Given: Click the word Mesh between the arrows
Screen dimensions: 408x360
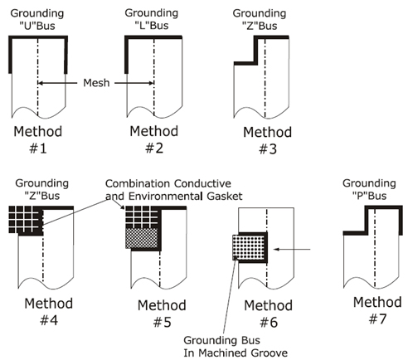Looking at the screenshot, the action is pyautogui.click(x=96, y=83).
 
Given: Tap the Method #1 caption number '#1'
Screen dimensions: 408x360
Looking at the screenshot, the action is pyautogui.click(x=38, y=148).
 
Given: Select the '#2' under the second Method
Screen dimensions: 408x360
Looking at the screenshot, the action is pyautogui.click(x=154, y=148).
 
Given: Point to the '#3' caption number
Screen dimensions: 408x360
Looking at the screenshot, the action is pyautogui.click(x=268, y=149).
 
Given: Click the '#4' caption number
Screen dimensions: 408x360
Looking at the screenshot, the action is pyautogui.click(x=49, y=320).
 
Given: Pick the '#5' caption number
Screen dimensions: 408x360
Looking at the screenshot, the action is pyautogui.click(x=163, y=323).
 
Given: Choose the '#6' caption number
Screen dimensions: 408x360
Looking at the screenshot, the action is pyautogui.click(x=269, y=323).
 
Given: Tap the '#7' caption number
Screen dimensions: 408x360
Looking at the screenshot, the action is pyautogui.click(x=377, y=319).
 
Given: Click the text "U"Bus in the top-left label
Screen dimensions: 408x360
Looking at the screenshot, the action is pyautogui.click(x=37, y=26).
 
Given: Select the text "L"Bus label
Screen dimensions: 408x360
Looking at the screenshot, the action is pyautogui.click(x=152, y=26).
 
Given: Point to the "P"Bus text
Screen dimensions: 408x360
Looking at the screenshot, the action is pyautogui.click(x=369, y=196).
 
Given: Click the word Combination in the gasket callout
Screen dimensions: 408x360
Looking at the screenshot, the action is pyautogui.click(x=138, y=183).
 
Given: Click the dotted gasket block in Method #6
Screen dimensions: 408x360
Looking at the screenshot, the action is pyautogui.click(x=248, y=247).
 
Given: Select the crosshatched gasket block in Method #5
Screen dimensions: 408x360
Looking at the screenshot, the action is pyautogui.click(x=142, y=238).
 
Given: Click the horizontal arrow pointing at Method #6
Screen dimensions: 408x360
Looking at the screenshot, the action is pyautogui.click(x=292, y=250).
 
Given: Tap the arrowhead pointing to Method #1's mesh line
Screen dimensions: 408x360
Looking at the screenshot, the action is pyautogui.click(x=41, y=83).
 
